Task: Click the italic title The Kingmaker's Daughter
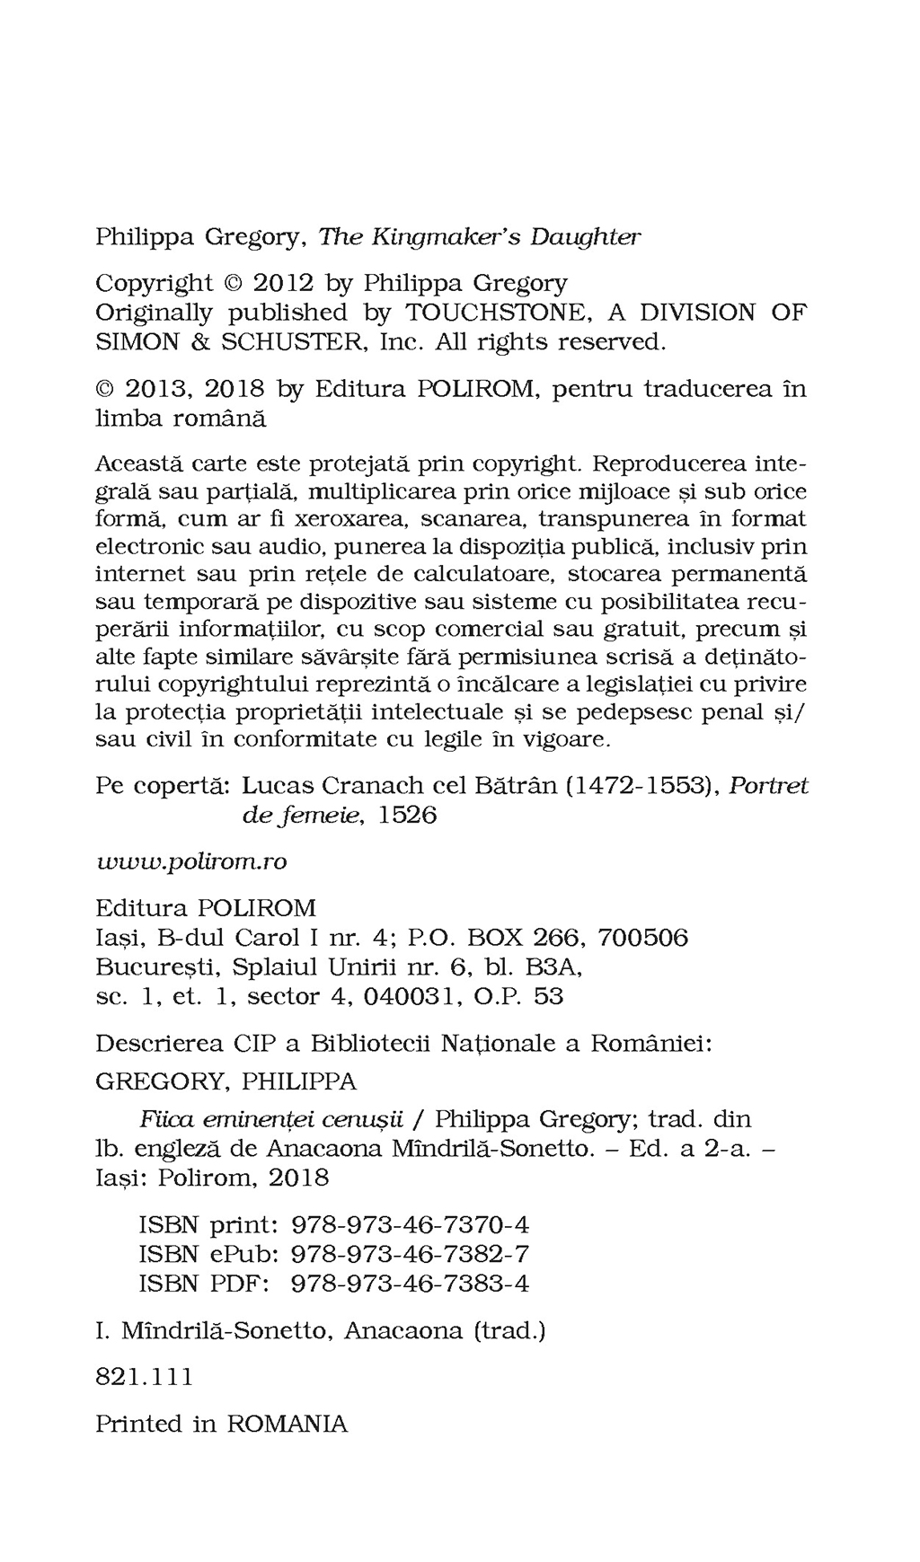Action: click(x=480, y=237)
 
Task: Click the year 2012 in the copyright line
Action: click(x=282, y=283)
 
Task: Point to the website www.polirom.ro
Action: click(x=191, y=861)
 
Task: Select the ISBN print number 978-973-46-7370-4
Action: click(x=411, y=1224)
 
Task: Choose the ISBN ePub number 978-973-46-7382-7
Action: click(x=411, y=1254)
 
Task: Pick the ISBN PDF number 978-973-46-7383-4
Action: click(x=411, y=1284)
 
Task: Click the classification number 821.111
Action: click(x=144, y=1377)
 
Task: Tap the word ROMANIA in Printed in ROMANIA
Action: click(x=287, y=1424)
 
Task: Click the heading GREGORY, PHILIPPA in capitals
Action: click(x=226, y=1081)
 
